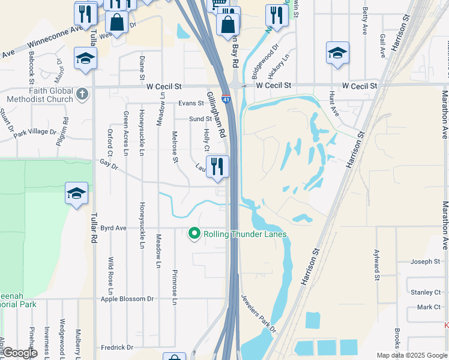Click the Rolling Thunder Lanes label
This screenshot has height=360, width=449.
(245, 234)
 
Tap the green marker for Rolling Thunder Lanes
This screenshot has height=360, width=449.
(194, 233)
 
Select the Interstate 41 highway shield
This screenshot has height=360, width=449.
(226, 99)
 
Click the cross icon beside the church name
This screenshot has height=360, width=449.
(83, 94)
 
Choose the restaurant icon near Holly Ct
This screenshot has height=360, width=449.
(217, 167)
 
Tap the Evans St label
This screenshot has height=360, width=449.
(190, 103)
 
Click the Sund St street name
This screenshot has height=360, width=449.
(200, 119)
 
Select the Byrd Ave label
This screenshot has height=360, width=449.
(113, 228)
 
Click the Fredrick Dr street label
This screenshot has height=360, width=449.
(116, 347)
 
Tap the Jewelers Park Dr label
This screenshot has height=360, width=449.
(259, 314)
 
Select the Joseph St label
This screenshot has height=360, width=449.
(426, 262)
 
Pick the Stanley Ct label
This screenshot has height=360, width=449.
(426, 292)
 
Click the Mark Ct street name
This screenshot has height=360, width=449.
(429, 307)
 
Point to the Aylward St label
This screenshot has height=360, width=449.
(377, 265)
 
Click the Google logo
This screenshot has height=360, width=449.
(20, 353)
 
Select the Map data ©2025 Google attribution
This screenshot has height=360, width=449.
(411, 355)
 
